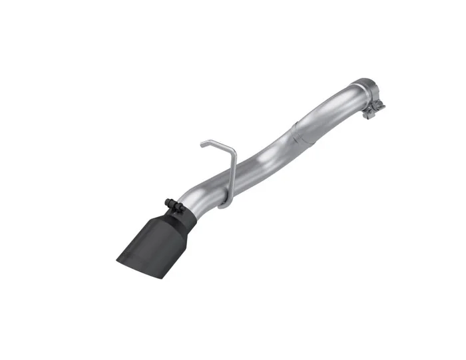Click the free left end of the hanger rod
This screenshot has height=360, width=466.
pos(201,142)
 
